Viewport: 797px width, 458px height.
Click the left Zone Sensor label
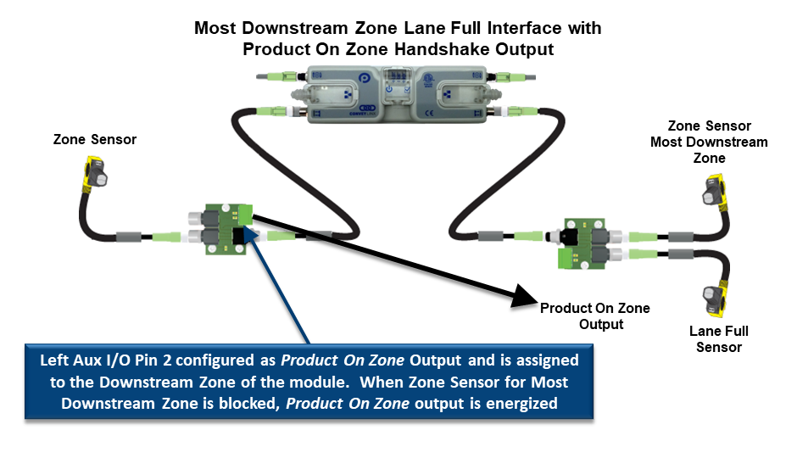click(94, 139)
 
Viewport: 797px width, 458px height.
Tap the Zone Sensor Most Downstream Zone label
click(708, 142)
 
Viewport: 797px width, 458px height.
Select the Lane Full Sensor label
click(718, 338)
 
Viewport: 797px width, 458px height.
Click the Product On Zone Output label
click(594, 316)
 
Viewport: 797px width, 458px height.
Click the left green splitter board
click(219, 228)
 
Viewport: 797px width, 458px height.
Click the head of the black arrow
click(525, 297)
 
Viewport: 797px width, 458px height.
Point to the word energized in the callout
click(521, 403)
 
